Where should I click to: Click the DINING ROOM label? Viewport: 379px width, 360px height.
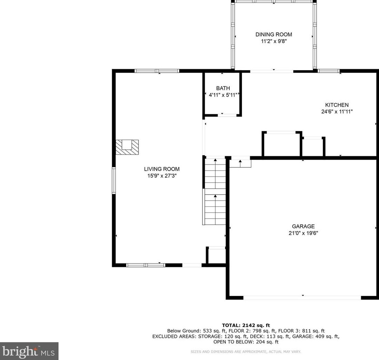pos(274,34)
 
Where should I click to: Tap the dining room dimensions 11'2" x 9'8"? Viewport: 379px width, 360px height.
pos(274,41)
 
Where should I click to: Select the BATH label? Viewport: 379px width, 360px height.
pos(223,88)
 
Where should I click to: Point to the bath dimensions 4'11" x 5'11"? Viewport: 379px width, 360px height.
pos(223,95)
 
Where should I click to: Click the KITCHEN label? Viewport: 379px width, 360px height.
pos(337,105)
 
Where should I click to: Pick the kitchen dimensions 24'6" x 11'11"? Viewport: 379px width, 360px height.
pos(337,112)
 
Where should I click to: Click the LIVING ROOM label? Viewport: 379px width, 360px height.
pos(162,169)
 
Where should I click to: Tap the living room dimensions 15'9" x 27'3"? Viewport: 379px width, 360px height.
pos(162,176)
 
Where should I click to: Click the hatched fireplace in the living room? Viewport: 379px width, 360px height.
pos(127,147)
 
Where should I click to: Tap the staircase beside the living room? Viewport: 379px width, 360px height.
pos(215,191)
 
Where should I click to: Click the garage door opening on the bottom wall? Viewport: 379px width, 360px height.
pos(302,297)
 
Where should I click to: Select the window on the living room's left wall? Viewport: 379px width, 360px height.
pos(114,181)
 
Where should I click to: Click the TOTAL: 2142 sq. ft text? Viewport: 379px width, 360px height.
pos(246,325)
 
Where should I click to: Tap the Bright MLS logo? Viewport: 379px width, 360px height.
pos(29,351)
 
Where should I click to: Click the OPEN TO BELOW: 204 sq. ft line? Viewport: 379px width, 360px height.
pos(246,342)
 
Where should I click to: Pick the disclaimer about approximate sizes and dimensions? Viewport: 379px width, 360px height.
pos(246,352)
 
